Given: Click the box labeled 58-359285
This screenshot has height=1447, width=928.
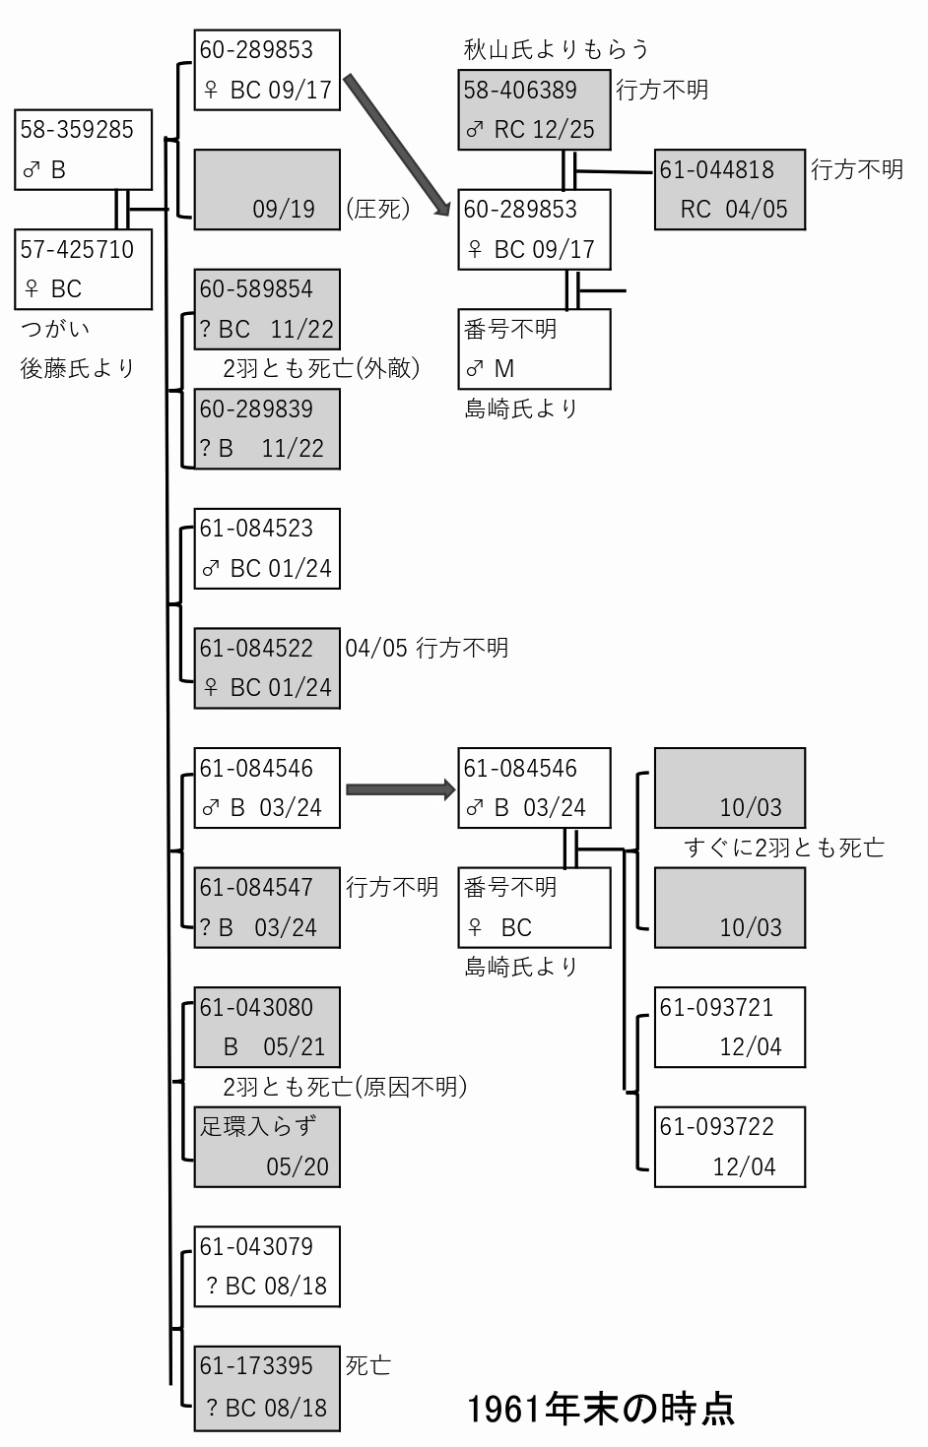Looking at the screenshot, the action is click(x=84, y=150).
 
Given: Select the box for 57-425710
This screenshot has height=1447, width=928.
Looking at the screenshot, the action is click(x=84, y=270).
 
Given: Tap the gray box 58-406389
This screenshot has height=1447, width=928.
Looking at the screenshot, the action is click(x=534, y=110).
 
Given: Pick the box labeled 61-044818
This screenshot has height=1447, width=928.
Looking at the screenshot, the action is click(x=730, y=190).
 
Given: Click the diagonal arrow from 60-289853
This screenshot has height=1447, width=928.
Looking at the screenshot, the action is click(x=396, y=145).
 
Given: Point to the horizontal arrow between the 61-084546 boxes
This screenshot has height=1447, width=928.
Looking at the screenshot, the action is click(x=401, y=789).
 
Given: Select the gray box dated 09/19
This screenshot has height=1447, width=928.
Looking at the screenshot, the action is click(x=267, y=190).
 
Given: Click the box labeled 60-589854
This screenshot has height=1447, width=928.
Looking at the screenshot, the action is click(x=267, y=309).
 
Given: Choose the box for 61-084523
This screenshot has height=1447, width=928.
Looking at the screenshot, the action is click(x=267, y=549).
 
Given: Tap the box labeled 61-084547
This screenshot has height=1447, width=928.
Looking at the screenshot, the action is click(x=267, y=908).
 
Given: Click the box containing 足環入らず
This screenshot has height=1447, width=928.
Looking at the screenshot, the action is click(x=267, y=1147).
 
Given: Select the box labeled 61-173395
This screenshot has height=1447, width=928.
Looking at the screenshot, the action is click(x=267, y=1386).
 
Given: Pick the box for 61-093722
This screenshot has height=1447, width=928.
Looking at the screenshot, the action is click(x=730, y=1147).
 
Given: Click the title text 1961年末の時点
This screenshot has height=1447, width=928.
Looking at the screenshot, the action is click(x=601, y=1409).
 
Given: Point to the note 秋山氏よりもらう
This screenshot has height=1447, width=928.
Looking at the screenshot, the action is click(x=557, y=50).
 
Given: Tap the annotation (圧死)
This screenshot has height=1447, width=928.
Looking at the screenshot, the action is click(x=378, y=209).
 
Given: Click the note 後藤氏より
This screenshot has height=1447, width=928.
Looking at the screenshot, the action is click(x=77, y=368).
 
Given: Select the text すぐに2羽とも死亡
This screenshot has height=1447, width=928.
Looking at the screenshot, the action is click(x=784, y=848).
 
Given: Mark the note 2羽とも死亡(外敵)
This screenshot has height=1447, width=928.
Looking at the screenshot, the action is click(x=321, y=368).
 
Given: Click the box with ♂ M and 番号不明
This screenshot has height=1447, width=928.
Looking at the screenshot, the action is click(x=534, y=348).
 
